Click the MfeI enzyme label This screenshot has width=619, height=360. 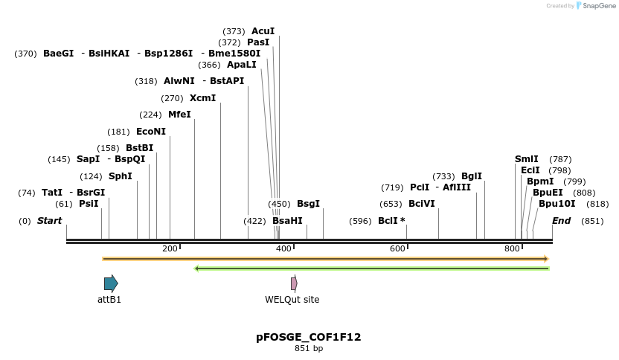coord(179,115)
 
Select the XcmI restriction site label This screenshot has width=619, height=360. coord(202,98)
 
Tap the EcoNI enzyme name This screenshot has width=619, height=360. coord(151,131)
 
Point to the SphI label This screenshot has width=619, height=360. coord(121,176)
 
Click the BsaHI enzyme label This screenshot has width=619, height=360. coord(287,221)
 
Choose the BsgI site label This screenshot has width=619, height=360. coord(308,204)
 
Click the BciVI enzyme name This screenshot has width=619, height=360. coord(422,204)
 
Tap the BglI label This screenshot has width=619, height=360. coord(472,176)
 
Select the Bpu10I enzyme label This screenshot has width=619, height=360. coord(557,204)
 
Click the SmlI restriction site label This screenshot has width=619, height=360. coord(527,159)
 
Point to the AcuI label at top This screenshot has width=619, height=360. coord(263,31)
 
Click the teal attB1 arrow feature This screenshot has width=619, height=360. coord(111,283)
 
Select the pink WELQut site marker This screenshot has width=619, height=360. coord(294,283)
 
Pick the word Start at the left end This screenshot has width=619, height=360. coord(50,221)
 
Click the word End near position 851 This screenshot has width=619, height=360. coord(562,221)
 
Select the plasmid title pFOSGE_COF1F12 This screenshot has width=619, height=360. coord(309,337)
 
